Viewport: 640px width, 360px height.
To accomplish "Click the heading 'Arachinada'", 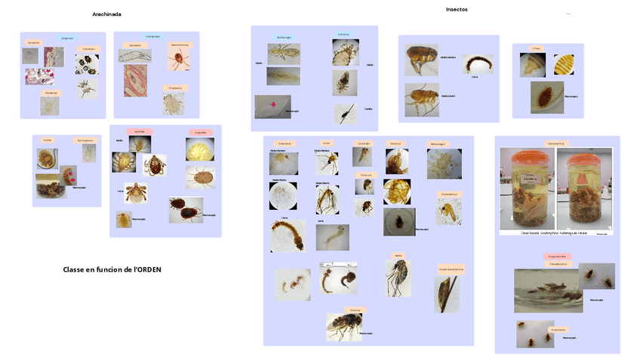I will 106,14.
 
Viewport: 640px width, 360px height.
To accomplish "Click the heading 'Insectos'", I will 456,9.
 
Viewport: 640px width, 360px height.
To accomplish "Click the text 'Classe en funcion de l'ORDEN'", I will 112,269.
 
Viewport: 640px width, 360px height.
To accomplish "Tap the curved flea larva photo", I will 478,63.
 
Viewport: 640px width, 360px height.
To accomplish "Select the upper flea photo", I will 421,60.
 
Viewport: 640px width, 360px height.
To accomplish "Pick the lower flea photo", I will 421,99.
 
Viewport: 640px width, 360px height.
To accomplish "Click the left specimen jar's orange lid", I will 527,155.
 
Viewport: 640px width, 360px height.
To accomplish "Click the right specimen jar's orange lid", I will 583,155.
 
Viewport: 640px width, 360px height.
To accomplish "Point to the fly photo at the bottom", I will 343,326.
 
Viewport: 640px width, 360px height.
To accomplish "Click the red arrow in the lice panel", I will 273,106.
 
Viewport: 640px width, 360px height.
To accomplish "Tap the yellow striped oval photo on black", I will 563,65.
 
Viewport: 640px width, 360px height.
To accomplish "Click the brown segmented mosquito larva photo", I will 288,235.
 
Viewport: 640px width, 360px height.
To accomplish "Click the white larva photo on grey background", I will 332,237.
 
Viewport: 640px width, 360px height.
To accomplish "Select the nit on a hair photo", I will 344,114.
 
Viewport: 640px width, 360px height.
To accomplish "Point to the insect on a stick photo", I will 446,294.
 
